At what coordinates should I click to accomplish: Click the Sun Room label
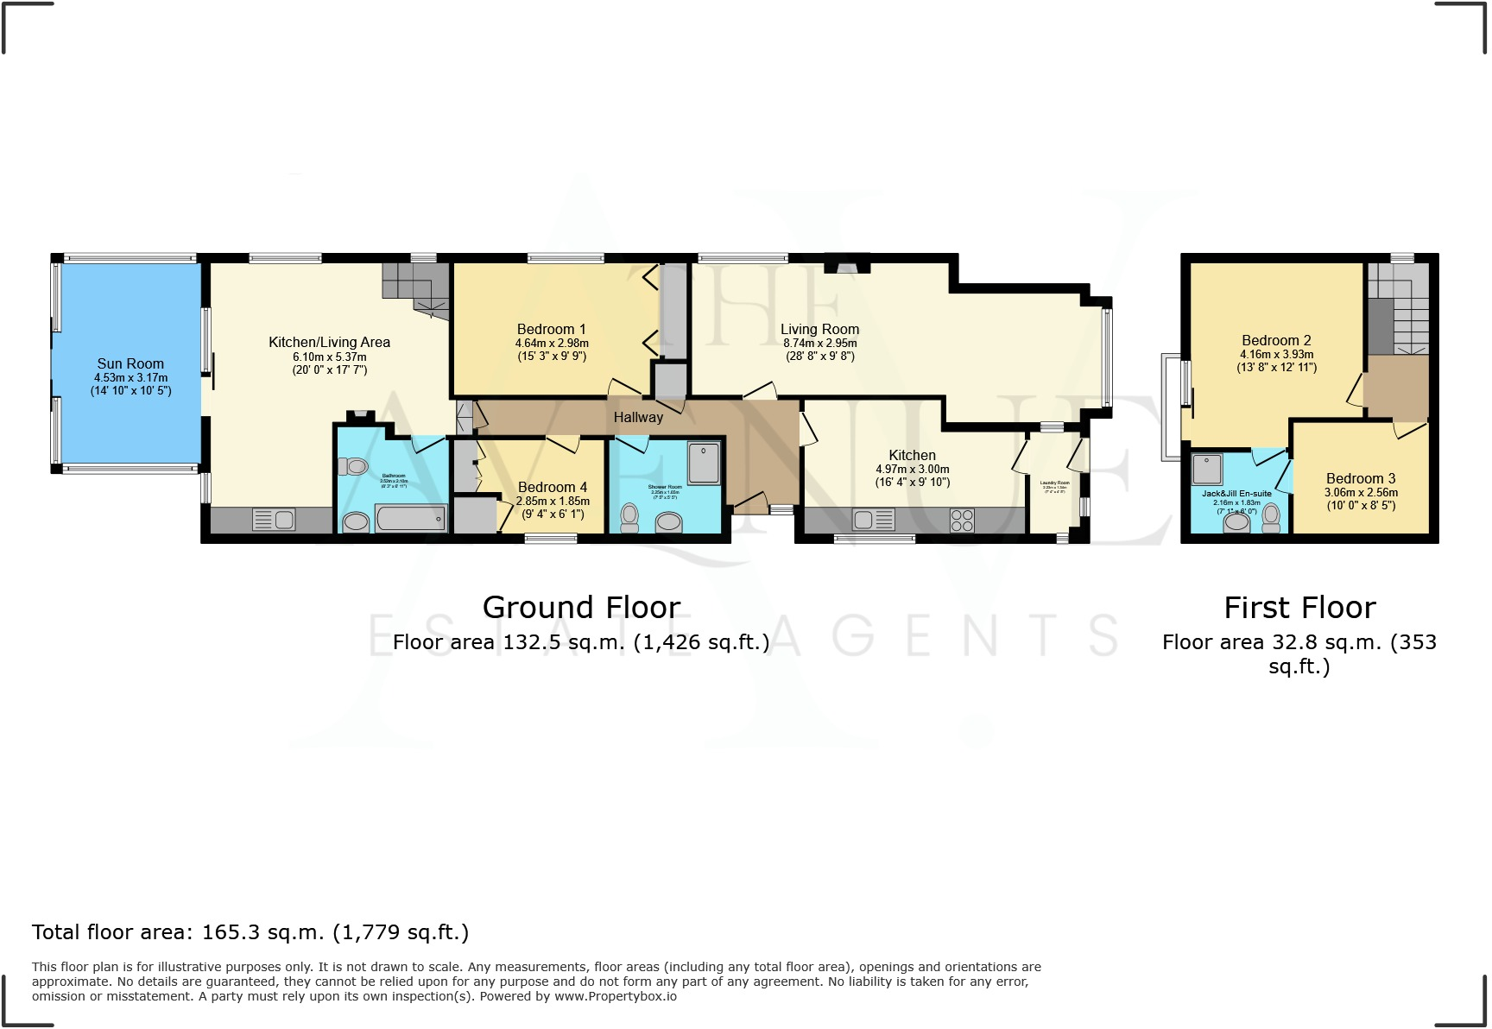click(x=130, y=363)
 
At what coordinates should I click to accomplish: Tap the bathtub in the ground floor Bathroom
click(x=411, y=519)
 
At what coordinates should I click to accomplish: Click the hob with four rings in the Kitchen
click(x=962, y=521)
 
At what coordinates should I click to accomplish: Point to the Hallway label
click(x=638, y=418)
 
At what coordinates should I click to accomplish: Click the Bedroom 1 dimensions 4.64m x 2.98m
click(x=552, y=344)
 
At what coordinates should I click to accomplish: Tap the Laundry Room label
click(x=1054, y=483)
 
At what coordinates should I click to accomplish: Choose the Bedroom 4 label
click(x=553, y=488)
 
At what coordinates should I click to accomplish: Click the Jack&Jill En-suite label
click(x=1236, y=494)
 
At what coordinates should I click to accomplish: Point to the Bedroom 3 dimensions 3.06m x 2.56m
click(x=1362, y=493)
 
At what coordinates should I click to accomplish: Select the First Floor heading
click(x=1299, y=608)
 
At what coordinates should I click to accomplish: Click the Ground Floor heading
click(x=581, y=608)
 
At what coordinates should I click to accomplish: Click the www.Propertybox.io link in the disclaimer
click(x=615, y=996)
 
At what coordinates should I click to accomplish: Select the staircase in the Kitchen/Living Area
click(x=417, y=287)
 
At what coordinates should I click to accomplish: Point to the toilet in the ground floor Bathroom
click(x=353, y=467)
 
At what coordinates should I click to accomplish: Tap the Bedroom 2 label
click(x=1276, y=341)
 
